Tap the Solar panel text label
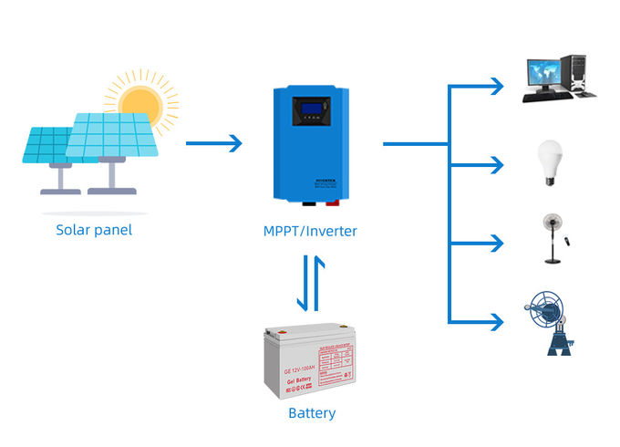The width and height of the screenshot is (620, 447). pyautogui.click(x=94, y=230)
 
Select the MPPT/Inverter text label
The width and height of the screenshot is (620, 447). pyautogui.click(x=310, y=232)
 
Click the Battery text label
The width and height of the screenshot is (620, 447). pyautogui.click(x=312, y=413)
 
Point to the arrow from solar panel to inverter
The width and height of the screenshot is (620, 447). pyautogui.click(x=215, y=143)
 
